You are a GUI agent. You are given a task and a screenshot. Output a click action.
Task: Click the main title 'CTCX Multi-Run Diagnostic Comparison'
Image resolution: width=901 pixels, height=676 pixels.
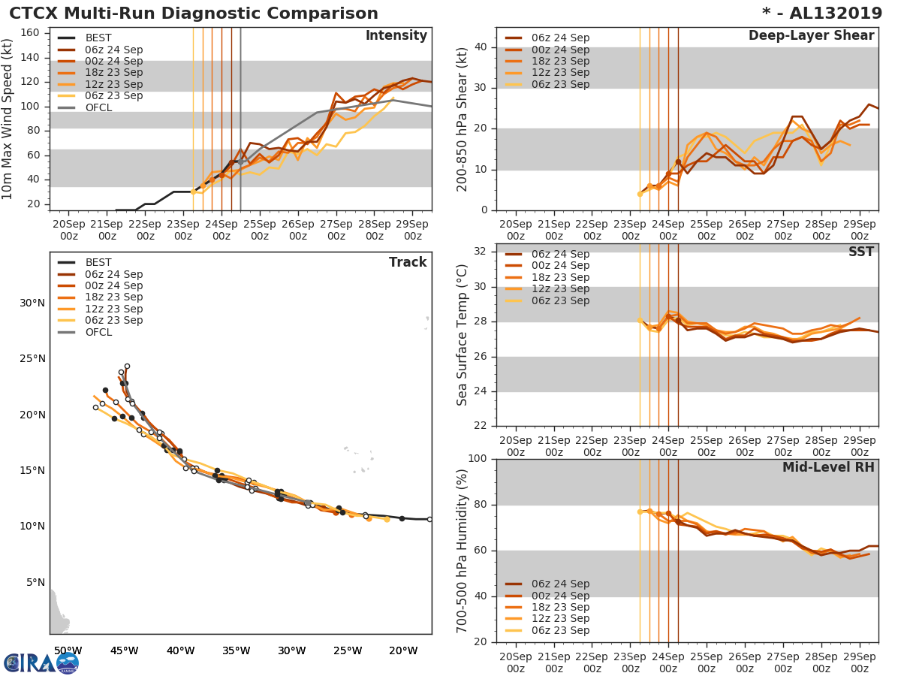(194, 14)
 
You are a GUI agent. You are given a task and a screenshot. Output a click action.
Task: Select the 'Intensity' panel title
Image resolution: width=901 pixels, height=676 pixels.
(396, 36)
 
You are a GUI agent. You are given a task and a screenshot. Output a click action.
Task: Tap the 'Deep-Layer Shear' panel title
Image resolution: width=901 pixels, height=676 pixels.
(811, 36)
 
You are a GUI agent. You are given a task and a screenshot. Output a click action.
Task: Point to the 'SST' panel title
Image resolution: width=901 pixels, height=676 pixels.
(860, 252)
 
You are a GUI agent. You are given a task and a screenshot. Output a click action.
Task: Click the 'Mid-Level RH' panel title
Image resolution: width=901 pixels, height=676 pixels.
(828, 468)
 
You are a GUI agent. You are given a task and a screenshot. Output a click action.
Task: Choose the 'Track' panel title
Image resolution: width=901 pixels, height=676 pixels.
(407, 262)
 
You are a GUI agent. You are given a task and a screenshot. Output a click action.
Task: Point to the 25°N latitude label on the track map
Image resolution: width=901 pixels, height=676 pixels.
(32, 359)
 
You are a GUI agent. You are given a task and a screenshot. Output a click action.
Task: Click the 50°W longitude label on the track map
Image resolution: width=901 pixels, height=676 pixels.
(68, 650)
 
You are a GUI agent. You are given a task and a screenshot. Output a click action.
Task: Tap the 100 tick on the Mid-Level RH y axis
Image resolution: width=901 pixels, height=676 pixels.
(476, 459)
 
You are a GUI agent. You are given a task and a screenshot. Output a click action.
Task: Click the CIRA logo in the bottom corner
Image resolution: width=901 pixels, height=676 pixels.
(41, 662)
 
